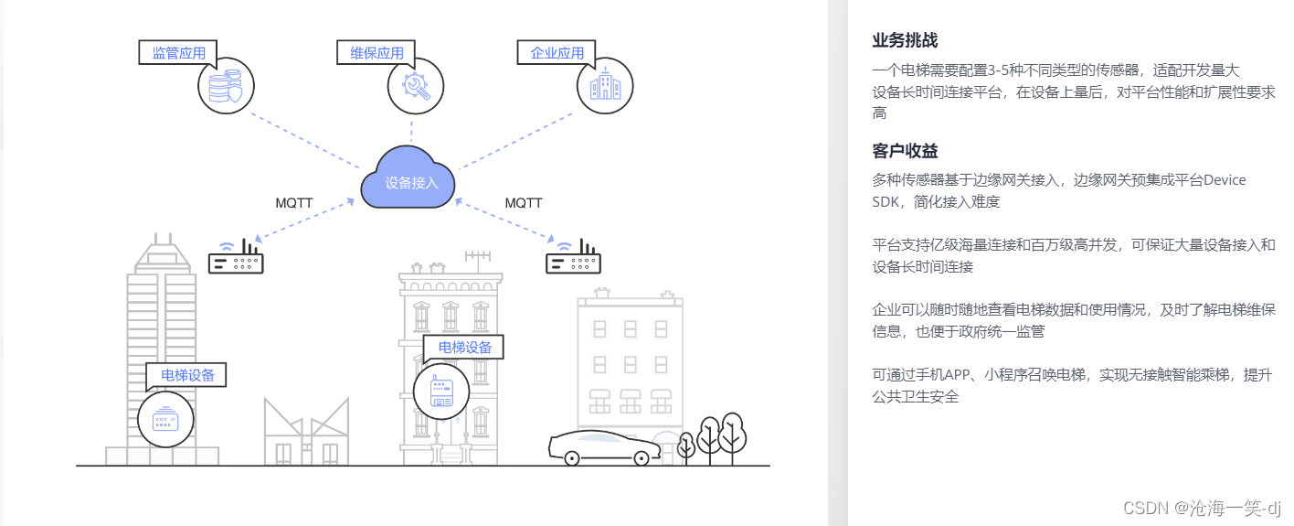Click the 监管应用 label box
pos(178,53)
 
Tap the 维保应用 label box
pos(377,53)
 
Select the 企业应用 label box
pos(557,53)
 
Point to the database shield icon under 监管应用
pos(226,86)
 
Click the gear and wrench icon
pos(416,86)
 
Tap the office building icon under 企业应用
pos(605,86)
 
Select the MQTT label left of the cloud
pos(294,203)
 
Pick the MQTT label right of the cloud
pos(524,203)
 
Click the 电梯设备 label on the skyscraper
pos(186,375)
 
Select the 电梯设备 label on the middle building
pos(464,348)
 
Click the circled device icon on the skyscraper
pos(166,420)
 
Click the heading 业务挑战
pos(905,40)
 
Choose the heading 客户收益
pos(905,151)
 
